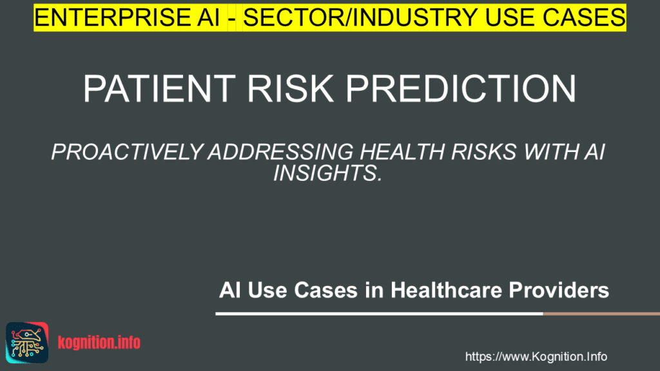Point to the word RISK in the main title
pyautogui.click(x=290, y=89)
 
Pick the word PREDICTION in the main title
pyautogui.click(x=461, y=89)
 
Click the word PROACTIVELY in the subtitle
pyautogui.click(x=127, y=152)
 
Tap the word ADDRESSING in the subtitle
pyautogui.click(x=281, y=152)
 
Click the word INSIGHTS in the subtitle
pyautogui.click(x=327, y=173)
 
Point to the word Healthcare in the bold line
pyautogui.click(x=447, y=290)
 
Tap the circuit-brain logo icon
pyautogui.click(x=27, y=343)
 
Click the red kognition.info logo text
pyautogui.click(x=99, y=343)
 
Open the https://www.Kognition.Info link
pyautogui.click(x=536, y=357)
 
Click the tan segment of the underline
pyautogui.click(x=601, y=314)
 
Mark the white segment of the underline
pyautogui.click(x=379, y=314)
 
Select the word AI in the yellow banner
pyautogui.click(x=208, y=17)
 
